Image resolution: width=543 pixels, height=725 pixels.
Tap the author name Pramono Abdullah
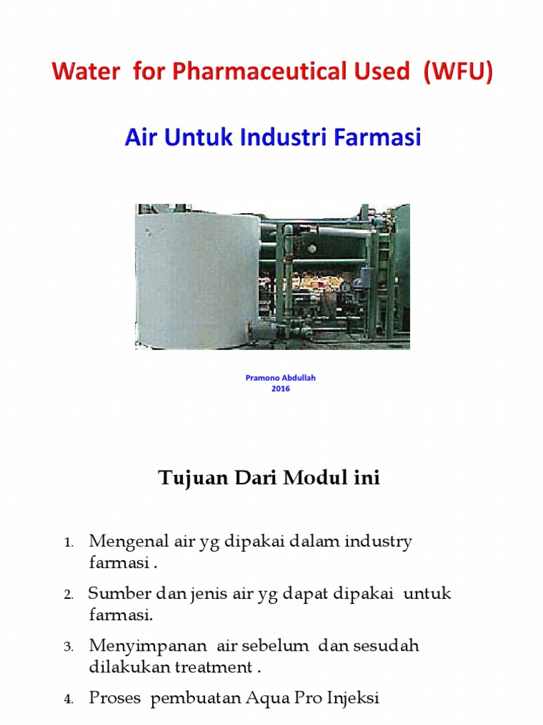pos(281,378)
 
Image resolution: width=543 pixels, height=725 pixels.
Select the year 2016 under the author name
pos(281,389)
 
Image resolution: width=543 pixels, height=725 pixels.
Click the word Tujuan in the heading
pos(187,478)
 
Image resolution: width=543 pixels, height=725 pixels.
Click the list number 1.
pos(69,544)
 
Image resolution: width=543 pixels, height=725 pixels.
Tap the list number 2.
pos(69,595)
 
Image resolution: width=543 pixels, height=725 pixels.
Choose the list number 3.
pos(69,647)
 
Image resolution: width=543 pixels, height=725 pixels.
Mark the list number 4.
pos(69,700)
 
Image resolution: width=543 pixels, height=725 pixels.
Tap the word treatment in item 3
pos(218,666)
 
